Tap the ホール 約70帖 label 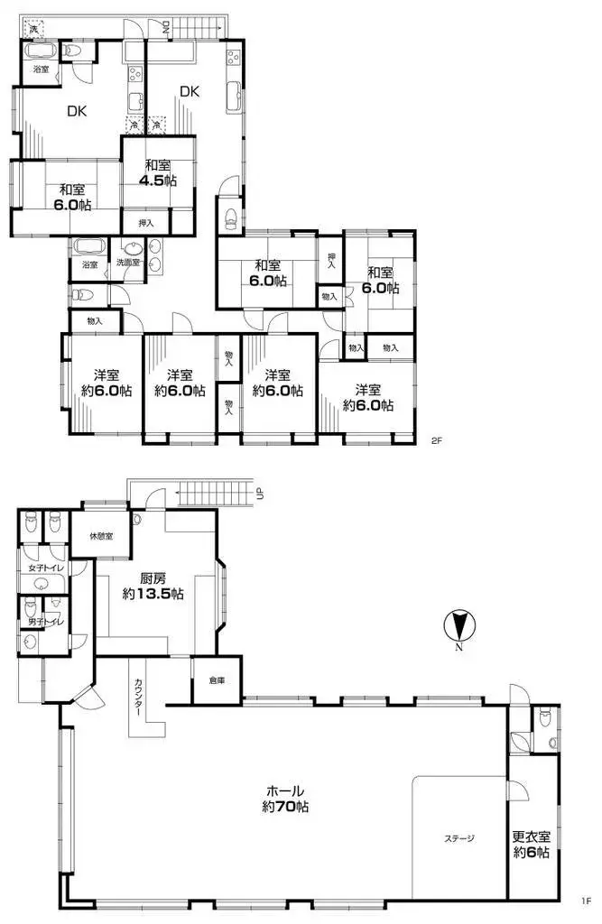point(285,799)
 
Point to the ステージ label point(458,838)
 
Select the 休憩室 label point(101,536)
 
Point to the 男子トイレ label point(42,622)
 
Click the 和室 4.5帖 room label point(158,172)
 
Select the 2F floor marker point(437,441)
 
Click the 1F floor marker point(586,900)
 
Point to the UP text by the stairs point(260,493)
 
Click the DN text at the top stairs point(166,28)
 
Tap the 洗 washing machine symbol point(33,30)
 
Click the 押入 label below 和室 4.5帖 point(145,222)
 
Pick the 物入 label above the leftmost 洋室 point(95,320)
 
